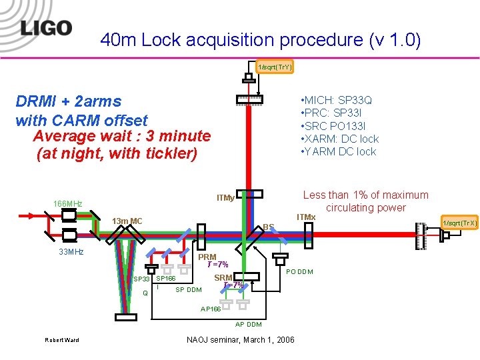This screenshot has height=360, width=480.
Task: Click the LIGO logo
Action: [45, 29]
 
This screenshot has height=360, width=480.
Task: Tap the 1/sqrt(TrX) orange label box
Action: [459, 223]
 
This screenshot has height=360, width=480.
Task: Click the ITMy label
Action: [225, 197]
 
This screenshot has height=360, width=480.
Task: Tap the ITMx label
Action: [306, 217]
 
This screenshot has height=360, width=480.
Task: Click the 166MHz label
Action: [67, 203]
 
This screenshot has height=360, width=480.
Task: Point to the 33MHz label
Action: [71, 252]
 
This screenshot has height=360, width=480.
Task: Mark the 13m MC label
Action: [127, 221]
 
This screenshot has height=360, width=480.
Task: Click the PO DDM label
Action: [299, 271]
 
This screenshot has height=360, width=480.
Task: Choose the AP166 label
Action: [211, 309]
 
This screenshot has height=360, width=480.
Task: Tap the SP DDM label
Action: [188, 289]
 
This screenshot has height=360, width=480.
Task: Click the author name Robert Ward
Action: [61, 340]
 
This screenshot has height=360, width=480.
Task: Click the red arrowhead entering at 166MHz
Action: [31, 215]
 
